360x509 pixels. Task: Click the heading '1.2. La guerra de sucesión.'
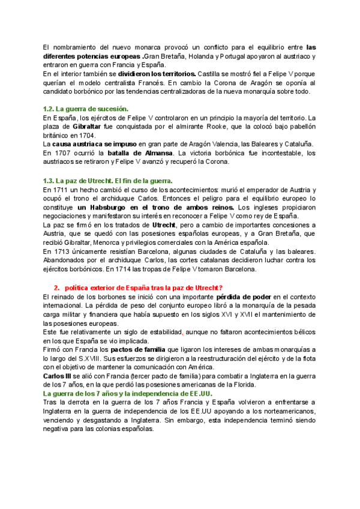[85, 109]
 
